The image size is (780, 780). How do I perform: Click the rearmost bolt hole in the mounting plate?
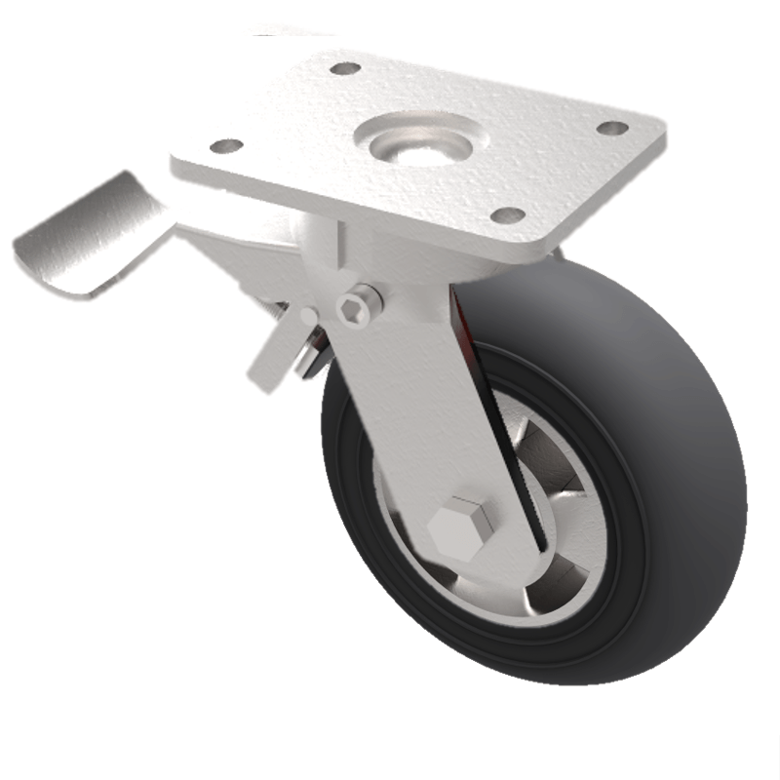(345, 68)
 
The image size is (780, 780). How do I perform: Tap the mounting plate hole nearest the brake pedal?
(226, 146)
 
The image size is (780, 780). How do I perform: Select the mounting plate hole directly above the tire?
(611, 128)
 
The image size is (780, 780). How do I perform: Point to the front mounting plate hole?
(507, 214)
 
